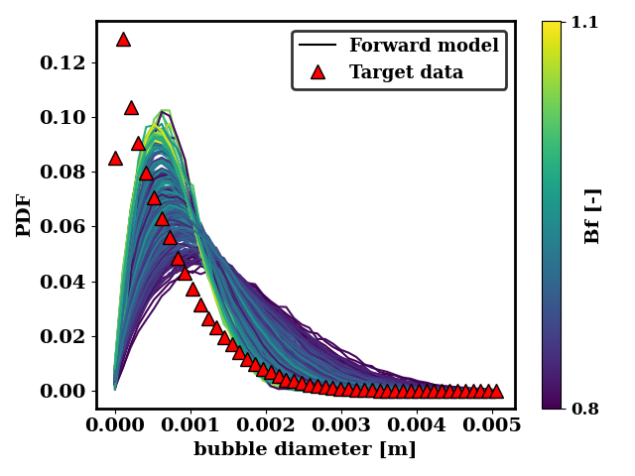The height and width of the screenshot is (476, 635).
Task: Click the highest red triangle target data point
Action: (x=123, y=40)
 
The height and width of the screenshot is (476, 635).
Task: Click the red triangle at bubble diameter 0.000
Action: (x=115, y=158)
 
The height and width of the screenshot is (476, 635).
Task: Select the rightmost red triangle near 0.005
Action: (x=496, y=392)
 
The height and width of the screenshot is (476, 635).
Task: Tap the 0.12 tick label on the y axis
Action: (x=67, y=62)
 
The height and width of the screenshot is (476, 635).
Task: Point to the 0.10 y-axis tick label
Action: (x=67, y=117)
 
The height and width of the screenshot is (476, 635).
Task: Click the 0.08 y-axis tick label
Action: (x=67, y=172)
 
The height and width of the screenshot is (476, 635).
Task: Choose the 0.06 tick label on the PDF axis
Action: (x=67, y=226)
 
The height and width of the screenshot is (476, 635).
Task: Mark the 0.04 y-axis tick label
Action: (x=67, y=282)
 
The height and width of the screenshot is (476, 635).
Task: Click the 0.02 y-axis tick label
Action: (x=67, y=336)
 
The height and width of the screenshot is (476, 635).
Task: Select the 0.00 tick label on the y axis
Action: (x=67, y=391)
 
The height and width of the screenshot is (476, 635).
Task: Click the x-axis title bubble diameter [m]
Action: (x=305, y=449)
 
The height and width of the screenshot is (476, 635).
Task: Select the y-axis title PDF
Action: (x=25, y=214)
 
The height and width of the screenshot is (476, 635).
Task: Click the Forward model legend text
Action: (x=424, y=46)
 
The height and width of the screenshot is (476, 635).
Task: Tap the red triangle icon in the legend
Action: (x=317, y=72)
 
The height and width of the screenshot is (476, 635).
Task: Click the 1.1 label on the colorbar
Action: (x=584, y=22)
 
